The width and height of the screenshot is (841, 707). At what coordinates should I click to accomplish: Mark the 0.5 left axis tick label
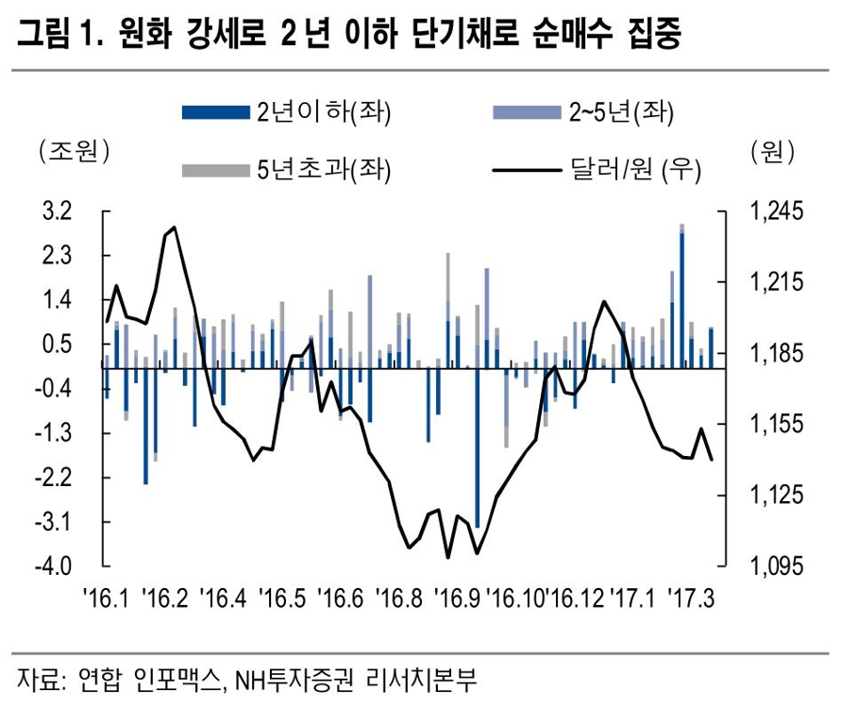59,345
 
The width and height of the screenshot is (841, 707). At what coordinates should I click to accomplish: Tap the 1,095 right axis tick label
771,566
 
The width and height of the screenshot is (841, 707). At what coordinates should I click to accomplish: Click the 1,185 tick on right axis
771,354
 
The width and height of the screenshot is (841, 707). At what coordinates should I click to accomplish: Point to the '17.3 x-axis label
692,598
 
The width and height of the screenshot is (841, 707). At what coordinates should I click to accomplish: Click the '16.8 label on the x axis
398,598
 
